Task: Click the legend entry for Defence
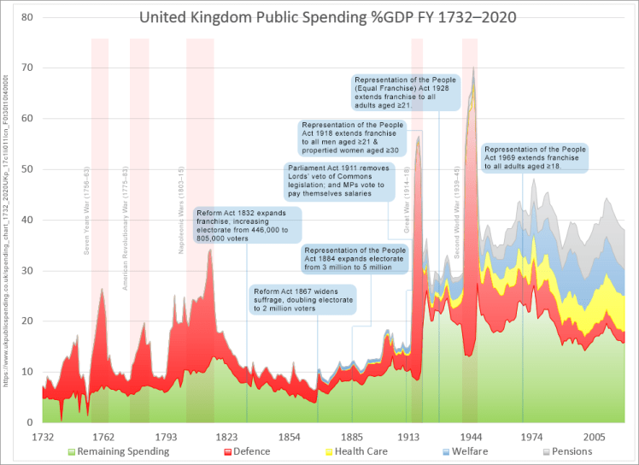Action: click(x=247, y=451)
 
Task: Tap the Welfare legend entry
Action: click(x=466, y=451)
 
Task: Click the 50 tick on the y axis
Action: click(x=26, y=169)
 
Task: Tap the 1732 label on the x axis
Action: click(x=44, y=435)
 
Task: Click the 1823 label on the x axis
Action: click(x=227, y=435)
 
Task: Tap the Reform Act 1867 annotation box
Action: click(x=302, y=300)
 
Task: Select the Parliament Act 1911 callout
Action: click(x=339, y=181)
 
